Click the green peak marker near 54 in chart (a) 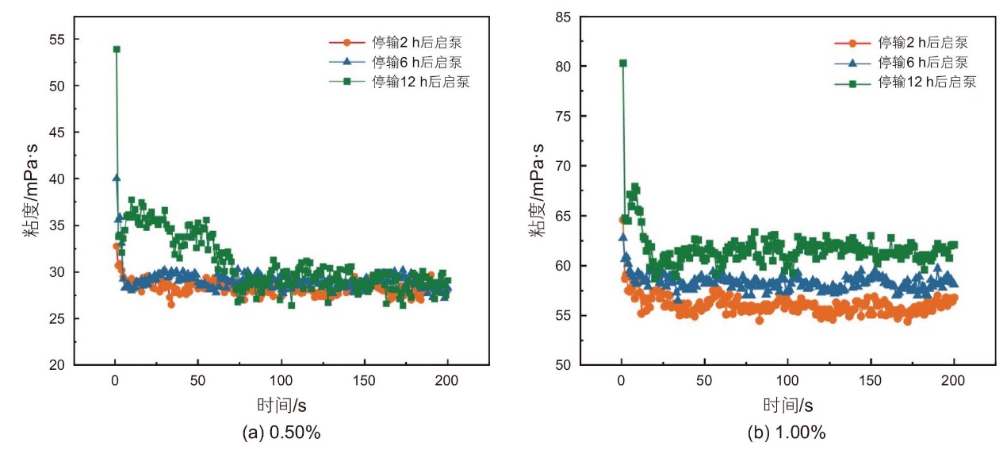pos(117,49)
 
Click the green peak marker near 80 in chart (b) pos(623,63)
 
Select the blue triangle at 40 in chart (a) pos(117,178)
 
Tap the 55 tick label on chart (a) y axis pos(57,40)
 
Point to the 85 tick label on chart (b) pos(563,17)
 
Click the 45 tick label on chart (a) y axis pos(57,133)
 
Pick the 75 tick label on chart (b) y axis pos(563,117)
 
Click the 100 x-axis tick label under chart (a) pos(281,381)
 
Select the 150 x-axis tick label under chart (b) pos(871,381)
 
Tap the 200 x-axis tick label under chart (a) pos(447,381)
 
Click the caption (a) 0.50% pos(281,433)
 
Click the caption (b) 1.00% pos(787,433)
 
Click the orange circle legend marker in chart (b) pos(852,43)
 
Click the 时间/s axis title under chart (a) pos(281,406)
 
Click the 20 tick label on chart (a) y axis pos(57,365)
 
